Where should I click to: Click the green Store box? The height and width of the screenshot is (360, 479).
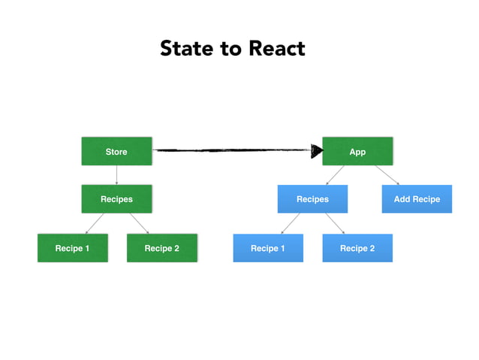click(116, 151)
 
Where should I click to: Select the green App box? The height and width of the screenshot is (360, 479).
click(357, 151)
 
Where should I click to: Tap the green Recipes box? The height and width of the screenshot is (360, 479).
click(116, 199)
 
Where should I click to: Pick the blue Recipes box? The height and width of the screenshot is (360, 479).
click(312, 199)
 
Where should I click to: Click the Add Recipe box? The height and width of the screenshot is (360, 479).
click(417, 199)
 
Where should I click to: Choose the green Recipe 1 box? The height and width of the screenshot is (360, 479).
click(72, 248)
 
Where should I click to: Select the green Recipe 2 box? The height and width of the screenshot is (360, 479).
click(161, 248)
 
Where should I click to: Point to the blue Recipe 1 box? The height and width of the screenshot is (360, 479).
click(267, 248)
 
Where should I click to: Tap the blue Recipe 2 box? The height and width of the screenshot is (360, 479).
click(357, 248)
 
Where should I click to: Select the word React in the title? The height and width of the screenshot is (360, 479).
click(277, 49)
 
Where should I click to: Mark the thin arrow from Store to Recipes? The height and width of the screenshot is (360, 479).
click(116, 175)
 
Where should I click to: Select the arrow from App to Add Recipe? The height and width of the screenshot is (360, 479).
click(387, 174)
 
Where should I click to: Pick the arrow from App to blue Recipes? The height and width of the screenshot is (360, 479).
click(336, 174)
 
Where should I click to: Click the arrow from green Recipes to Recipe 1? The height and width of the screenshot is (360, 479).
click(95, 223)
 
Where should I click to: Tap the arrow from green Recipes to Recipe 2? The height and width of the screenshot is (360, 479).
click(139, 223)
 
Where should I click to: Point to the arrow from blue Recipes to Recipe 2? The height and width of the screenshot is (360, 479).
click(335, 223)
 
